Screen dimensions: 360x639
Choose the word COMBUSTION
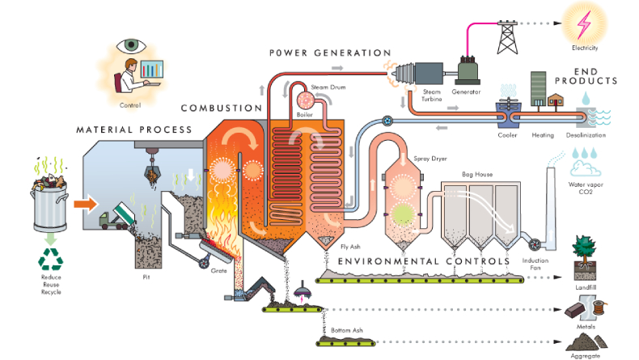click(x=221, y=108)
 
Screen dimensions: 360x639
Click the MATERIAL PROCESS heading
click(x=134, y=129)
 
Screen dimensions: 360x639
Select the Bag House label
click(x=477, y=175)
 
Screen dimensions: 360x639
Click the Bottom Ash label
click(x=348, y=331)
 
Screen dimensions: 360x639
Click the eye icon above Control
click(x=133, y=45)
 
